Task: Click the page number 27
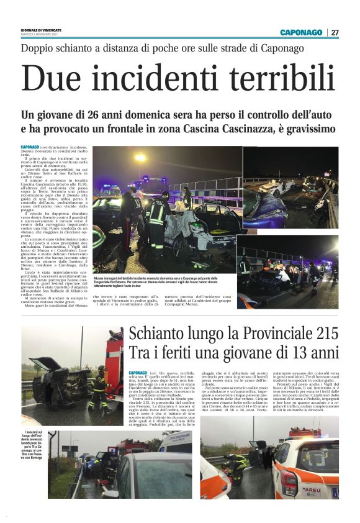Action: click(x=335, y=32)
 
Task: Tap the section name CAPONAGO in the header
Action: click(x=301, y=32)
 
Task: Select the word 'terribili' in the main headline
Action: click(x=271, y=80)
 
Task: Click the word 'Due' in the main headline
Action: click(x=50, y=80)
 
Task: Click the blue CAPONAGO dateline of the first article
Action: click(x=29, y=147)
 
